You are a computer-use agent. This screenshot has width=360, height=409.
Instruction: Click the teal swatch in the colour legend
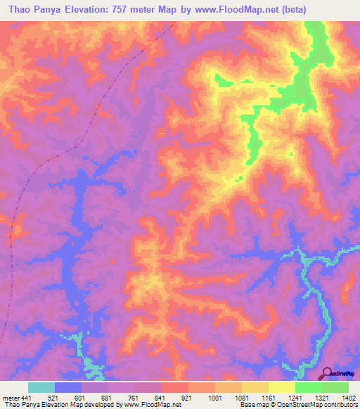[41, 387]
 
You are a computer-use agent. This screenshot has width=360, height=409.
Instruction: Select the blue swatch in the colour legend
[67, 387]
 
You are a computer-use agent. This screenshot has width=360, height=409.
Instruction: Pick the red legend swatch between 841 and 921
[174, 387]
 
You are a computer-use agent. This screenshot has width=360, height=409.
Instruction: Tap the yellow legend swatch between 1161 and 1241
[281, 387]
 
